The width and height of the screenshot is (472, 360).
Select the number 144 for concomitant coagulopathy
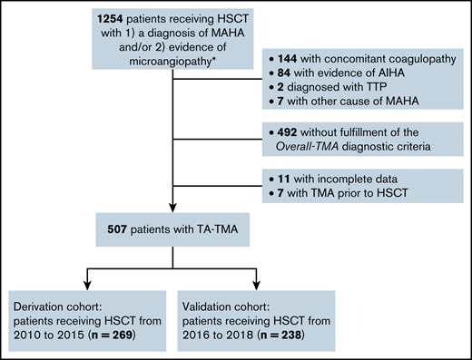[289, 56]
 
